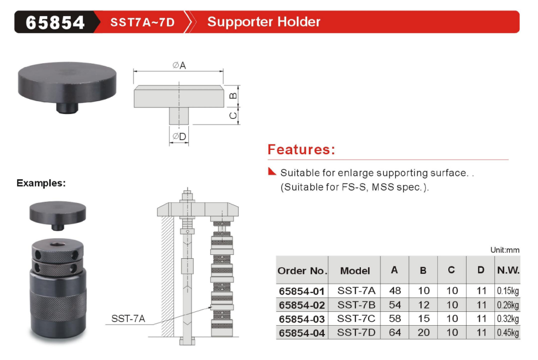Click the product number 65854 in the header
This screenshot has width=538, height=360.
tap(55, 22)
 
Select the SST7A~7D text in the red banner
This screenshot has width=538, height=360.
tap(142, 22)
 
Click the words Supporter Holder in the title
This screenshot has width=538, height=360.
tap(263, 22)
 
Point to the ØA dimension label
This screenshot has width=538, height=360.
tap(179, 65)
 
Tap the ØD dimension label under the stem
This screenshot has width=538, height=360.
tap(179, 137)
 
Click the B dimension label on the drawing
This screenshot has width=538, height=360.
tap(233, 96)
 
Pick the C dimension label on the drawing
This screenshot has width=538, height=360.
tap(233, 116)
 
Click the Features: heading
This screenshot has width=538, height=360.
tap(301, 149)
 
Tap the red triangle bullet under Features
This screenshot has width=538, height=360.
tap(272, 171)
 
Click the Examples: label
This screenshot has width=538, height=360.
tap(41, 183)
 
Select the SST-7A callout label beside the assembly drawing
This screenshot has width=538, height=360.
tap(128, 319)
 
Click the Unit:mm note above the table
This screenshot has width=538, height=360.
tap(505, 250)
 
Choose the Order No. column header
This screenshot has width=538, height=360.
tap(302, 271)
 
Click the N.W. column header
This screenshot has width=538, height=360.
tap(508, 270)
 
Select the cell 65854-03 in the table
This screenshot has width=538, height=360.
tap(302, 319)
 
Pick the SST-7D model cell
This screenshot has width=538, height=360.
tap(356, 332)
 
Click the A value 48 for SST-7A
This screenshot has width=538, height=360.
tap(395, 291)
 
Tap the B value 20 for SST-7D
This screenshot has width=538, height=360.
tap(424, 332)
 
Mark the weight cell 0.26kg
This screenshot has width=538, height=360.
tap(508, 305)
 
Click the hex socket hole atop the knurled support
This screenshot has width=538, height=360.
tap(58, 244)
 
